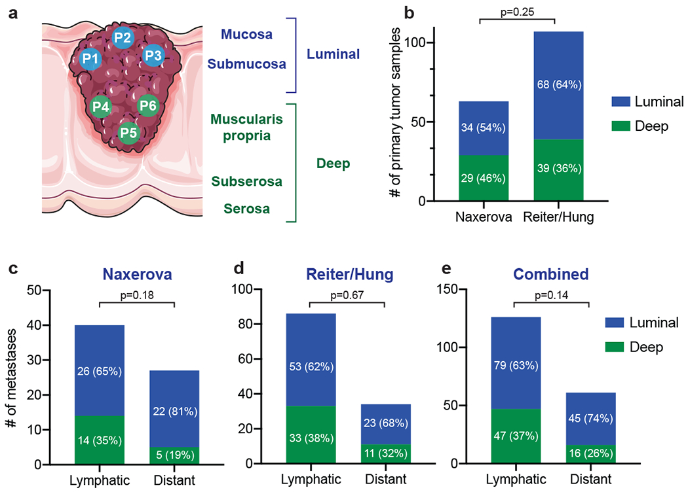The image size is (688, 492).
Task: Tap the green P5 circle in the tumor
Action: point(128,133)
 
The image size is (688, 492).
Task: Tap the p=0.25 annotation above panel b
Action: point(518,13)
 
